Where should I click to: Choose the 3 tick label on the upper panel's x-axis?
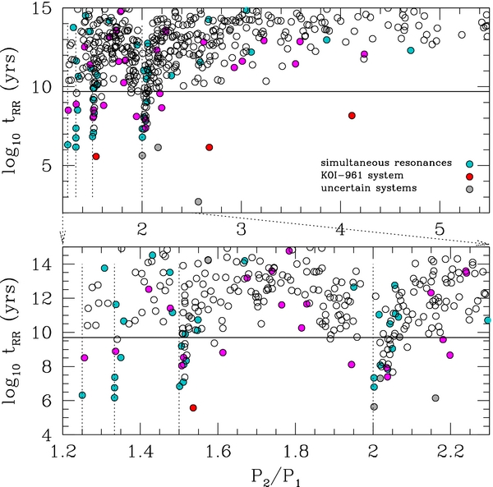click(242, 226)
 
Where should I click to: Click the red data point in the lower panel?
click(193, 407)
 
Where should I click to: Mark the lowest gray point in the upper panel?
click(198, 202)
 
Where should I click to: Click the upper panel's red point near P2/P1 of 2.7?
click(209, 147)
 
